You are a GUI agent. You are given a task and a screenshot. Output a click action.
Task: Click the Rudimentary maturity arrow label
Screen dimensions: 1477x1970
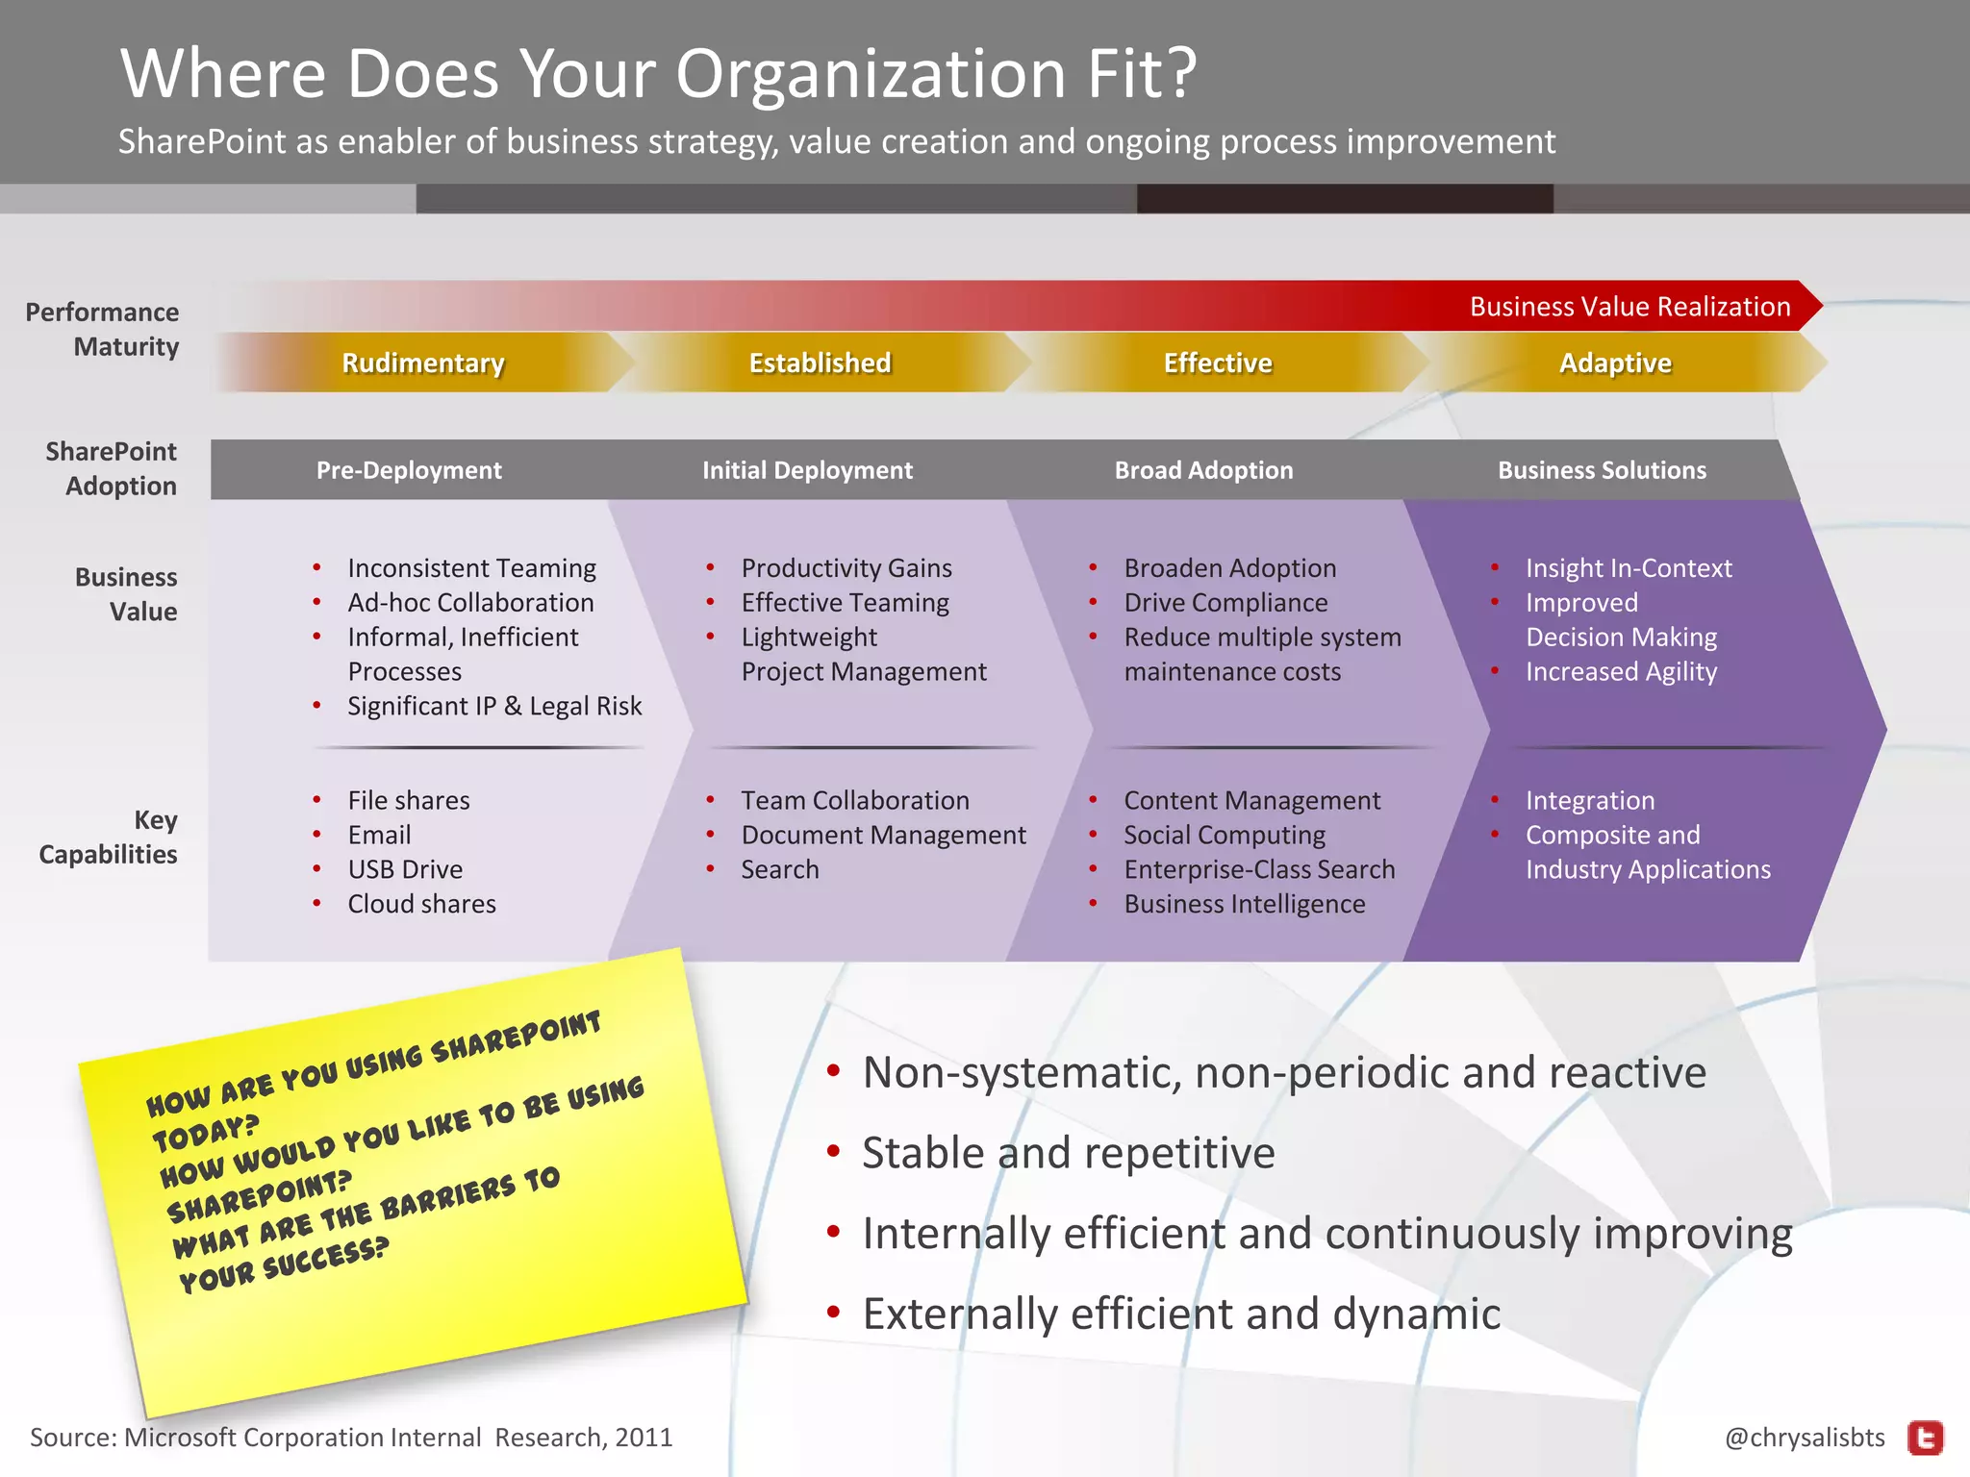coord(423,363)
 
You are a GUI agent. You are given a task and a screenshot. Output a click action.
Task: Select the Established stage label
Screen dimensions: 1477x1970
coord(820,363)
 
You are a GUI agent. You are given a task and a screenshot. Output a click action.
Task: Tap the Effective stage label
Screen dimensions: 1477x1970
coord(1218,363)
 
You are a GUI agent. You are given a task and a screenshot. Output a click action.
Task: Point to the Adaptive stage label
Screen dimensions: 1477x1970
coord(1615,363)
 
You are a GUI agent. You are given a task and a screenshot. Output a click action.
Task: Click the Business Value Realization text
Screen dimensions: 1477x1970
coord(1629,307)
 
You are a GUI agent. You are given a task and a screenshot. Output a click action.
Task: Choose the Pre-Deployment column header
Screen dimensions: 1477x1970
coord(409,470)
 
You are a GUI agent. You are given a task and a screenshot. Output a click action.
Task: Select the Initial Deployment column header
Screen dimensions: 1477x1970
coord(807,470)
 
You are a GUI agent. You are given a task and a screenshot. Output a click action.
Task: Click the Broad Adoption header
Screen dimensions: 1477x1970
coord(1203,470)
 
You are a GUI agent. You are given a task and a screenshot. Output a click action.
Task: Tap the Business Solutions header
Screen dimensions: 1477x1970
coord(1602,470)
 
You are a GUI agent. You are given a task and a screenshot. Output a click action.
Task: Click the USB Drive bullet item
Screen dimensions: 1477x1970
coord(405,869)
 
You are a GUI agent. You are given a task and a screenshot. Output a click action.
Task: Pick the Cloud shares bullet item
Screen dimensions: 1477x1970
coord(421,904)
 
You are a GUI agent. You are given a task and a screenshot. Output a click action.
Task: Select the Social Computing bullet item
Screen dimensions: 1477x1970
coord(1224,835)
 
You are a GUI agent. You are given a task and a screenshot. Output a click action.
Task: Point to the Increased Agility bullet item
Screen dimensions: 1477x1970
coord(1621,671)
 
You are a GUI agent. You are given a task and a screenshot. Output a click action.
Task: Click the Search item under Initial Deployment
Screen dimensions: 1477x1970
coord(779,869)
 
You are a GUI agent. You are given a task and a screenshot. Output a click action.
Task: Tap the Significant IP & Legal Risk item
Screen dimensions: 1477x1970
coord(494,706)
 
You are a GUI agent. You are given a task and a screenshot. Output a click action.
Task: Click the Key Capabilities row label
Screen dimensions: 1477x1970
coord(109,837)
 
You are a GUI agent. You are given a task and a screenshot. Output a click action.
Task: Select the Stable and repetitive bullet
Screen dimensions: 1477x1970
coord(1068,1152)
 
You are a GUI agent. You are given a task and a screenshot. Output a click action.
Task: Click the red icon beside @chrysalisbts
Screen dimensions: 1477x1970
coord(1925,1438)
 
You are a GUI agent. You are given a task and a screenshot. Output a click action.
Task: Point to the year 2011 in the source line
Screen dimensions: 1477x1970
coord(644,1438)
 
